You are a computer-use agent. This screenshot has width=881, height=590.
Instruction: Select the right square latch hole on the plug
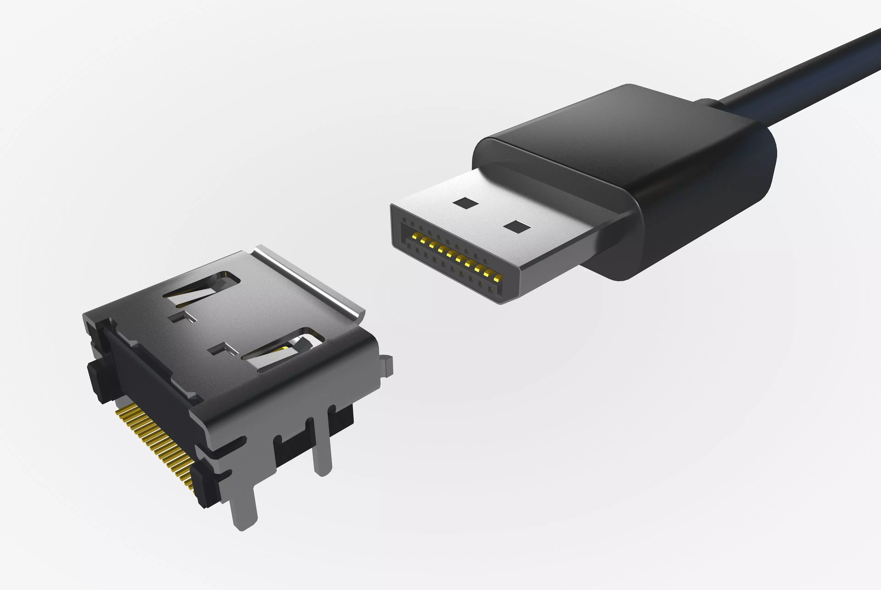click(x=517, y=227)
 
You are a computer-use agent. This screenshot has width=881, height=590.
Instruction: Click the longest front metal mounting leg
click(x=244, y=508)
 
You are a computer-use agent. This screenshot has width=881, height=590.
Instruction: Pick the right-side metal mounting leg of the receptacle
click(x=321, y=448)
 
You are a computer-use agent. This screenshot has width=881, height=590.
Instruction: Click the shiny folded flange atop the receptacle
click(x=308, y=278)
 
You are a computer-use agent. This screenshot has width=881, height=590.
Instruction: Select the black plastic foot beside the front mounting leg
click(x=205, y=485)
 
